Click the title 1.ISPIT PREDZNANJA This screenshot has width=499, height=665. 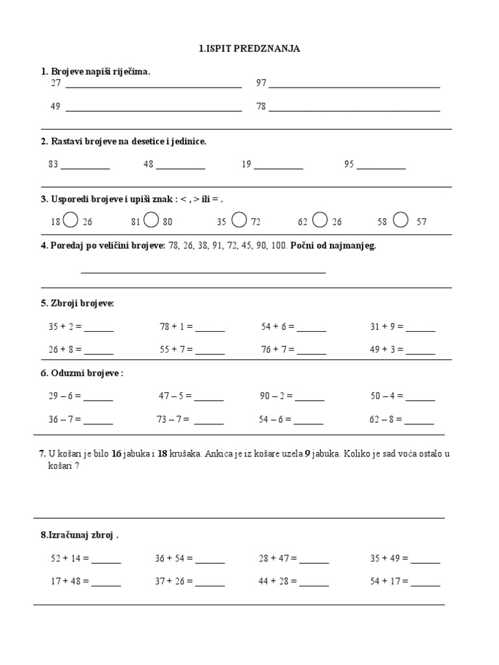[x=249, y=49]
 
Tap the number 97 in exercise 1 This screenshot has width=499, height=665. [x=261, y=83]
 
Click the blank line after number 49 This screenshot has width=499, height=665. [x=153, y=108]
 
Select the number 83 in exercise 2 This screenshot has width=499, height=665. [x=53, y=164]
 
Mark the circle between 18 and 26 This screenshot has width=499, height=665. [x=72, y=221]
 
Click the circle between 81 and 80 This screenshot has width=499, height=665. [x=151, y=221]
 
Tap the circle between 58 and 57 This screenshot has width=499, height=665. [x=401, y=221]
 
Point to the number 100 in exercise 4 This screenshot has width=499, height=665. [x=279, y=246]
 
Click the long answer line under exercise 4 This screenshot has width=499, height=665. [x=203, y=271]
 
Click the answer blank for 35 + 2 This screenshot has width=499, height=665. [x=99, y=329]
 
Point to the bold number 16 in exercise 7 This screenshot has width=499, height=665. [x=116, y=454]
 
